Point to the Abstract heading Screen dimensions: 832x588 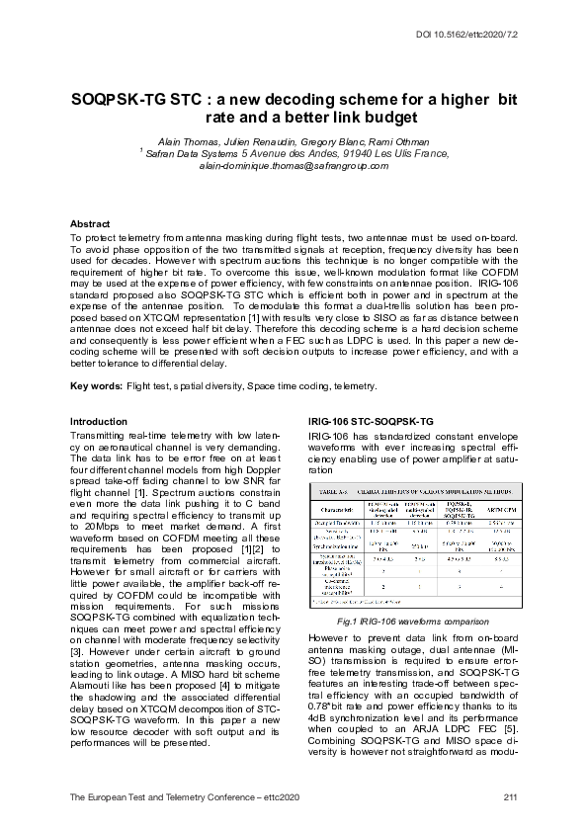tap(90, 224)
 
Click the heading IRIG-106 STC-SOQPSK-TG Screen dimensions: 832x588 tap(370, 422)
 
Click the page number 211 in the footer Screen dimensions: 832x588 tap(510, 796)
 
